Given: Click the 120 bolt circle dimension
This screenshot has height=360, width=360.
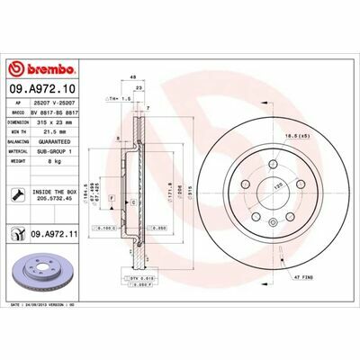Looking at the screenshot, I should (265, 184).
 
